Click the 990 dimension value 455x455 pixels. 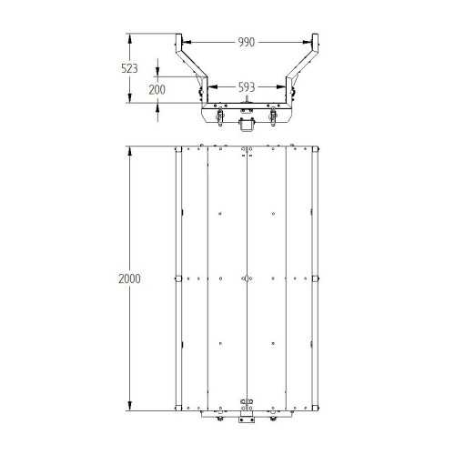click(246, 42)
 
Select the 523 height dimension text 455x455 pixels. click(129, 68)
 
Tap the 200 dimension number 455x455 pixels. click(157, 89)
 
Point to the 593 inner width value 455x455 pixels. click(247, 87)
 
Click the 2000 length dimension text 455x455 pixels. click(129, 278)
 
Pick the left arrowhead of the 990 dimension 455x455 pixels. click(187, 42)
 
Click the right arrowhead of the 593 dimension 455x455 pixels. click(281, 87)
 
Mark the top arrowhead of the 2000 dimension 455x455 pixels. click(130, 151)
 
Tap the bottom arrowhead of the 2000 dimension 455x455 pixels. click(130, 406)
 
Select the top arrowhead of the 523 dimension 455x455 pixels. click(130, 38)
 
